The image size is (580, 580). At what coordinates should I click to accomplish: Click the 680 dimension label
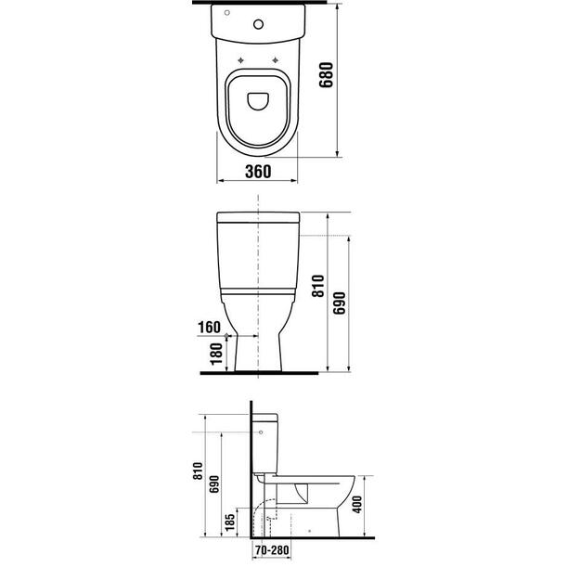(x=326, y=75)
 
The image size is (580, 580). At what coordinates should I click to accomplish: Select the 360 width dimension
(x=258, y=172)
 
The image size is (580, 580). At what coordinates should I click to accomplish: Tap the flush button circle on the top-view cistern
(x=259, y=24)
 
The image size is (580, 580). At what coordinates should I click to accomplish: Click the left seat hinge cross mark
(x=240, y=60)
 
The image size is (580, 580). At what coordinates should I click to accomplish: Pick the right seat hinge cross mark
(x=276, y=60)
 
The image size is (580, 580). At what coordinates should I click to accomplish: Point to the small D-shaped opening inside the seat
(x=258, y=101)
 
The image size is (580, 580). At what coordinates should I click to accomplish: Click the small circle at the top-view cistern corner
(x=227, y=13)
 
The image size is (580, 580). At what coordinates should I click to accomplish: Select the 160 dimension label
(x=209, y=328)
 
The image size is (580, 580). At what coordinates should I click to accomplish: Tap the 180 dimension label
(x=216, y=354)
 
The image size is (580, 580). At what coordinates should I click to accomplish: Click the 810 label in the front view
(x=318, y=286)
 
